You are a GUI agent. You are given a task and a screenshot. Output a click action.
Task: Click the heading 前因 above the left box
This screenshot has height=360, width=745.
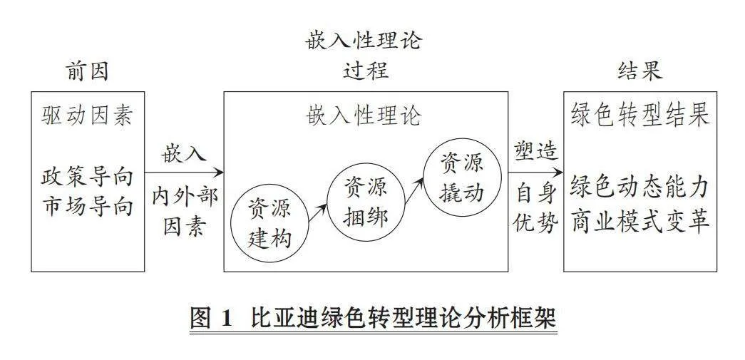click(x=87, y=72)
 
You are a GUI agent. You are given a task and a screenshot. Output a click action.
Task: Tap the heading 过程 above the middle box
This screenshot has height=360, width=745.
click(x=366, y=71)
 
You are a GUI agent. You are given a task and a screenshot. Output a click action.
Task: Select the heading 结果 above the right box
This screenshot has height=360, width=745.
click(x=640, y=71)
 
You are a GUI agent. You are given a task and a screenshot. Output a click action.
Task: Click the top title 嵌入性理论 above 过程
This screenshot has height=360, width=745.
click(x=364, y=41)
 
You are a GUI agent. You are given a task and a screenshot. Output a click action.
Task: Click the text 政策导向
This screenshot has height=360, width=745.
click(x=87, y=178)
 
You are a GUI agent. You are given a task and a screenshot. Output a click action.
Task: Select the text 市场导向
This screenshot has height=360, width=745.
click(x=87, y=207)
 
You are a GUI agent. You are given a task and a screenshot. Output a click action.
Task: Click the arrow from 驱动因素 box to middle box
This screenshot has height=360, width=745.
click(x=184, y=172)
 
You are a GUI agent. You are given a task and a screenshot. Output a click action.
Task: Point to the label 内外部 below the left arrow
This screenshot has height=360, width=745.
click(x=185, y=196)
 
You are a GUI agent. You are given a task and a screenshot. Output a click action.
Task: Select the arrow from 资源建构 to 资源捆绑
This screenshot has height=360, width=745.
click(x=318, y=212)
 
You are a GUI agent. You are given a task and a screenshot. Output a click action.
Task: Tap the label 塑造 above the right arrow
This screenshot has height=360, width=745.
click(x=535, y=152)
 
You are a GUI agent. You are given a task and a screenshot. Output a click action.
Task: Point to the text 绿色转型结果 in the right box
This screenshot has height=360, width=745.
click(x=640, y=115)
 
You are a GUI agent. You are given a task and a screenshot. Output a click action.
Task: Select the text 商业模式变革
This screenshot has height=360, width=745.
click(x=640, y=221)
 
